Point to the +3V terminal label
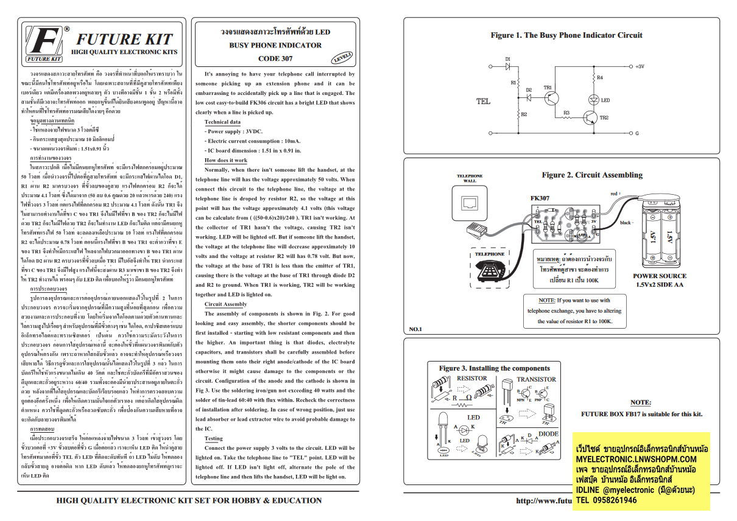coord(639,66)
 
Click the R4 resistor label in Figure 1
coord(600,78)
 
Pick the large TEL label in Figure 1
coord(483,102)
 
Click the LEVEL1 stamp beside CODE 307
coord(342,57)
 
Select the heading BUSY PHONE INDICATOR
coord(275,46)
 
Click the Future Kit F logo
coord(46,44)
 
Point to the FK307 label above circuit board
coord(540,198)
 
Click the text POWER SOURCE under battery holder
coord(659,276)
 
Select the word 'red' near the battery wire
coord(614,194)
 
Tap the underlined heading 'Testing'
coord(213,438)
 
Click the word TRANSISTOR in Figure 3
coord(536,379)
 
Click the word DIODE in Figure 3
coord(548,434)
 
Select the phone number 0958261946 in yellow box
coord(615,500)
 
